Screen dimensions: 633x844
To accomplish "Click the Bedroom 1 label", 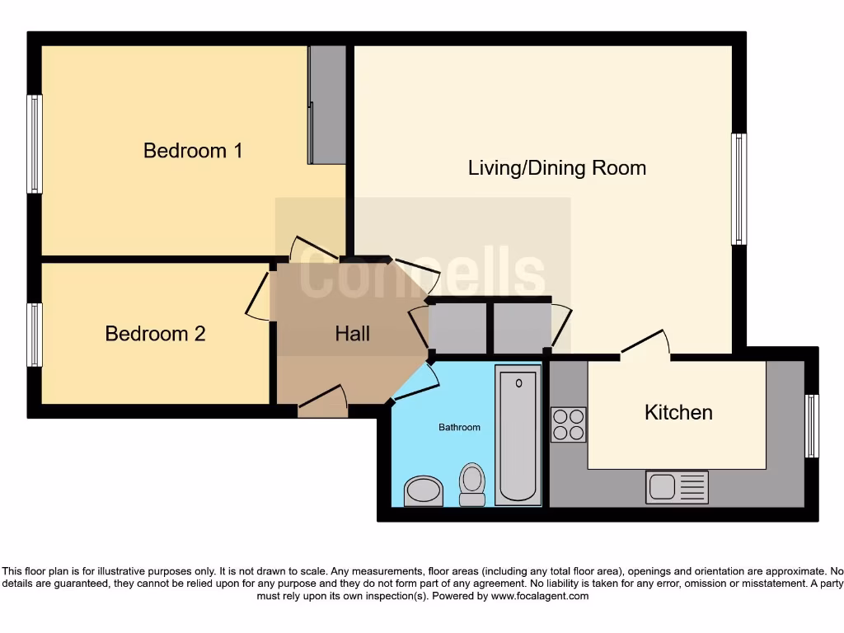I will [193, 151].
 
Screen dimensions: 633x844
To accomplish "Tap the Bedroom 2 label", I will [155, 334].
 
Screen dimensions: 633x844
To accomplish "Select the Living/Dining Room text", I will [557, 168].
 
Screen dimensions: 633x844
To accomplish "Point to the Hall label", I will [352, 334].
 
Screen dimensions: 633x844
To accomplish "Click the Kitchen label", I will [678, 412].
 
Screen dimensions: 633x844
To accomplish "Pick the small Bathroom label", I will [459, 427].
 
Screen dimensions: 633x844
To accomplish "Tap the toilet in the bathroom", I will [472, 484].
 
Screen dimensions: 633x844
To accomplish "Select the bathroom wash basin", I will [423, 490].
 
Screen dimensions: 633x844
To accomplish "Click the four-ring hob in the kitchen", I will [568, 424].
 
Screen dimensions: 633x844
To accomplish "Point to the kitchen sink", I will [677, 487].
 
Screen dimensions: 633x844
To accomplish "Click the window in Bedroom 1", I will [35, 144].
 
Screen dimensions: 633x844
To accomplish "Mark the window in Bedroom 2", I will [35, 335].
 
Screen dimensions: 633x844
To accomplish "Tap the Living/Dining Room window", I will [738, 189].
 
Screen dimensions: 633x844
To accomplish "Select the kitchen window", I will [812, 426].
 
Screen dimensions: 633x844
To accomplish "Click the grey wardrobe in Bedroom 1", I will [327, 105].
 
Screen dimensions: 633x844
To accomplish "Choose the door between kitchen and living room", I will [645, 346].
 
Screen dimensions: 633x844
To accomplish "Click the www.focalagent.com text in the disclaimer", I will [541, 596].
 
